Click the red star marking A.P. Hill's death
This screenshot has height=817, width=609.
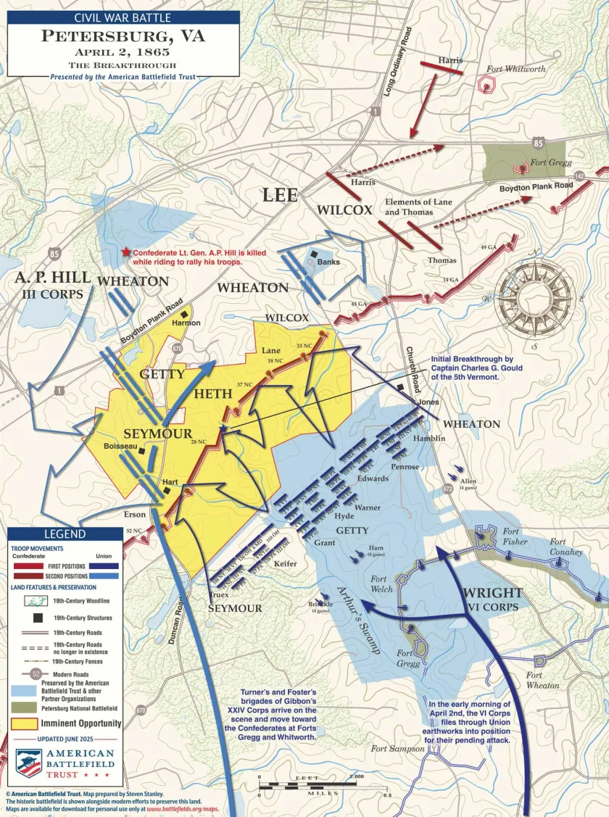click(126, 252)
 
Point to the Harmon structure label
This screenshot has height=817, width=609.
click(186, 323)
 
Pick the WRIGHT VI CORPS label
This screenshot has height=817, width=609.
click(492, 600)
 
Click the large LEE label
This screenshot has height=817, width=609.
click(279, 195)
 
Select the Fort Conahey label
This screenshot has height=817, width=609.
click(566, 547)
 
